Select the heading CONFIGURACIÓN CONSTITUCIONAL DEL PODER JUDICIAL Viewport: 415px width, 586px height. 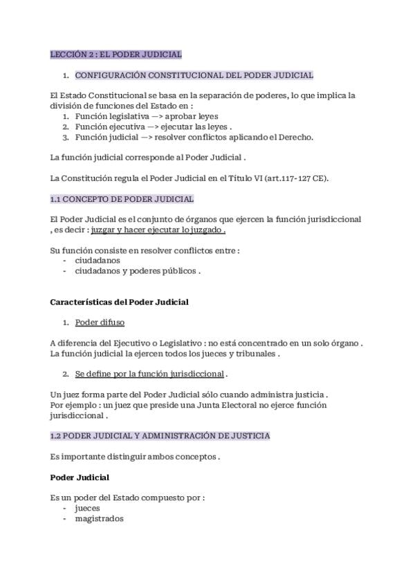pyautogui.click(x=194, y=75)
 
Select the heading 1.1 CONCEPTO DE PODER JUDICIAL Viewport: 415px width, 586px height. pyautogui.click(x=122, y=199)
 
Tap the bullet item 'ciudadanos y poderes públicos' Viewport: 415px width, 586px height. pyautogui.click(x=137, y=272)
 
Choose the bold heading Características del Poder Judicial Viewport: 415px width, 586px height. pyautogui.click(x=119, y=302)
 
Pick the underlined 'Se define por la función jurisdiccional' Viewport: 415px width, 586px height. pyautogui.click(x=149, y=374)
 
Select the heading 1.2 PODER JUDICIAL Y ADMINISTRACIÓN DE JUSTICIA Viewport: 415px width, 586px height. pyautogui.click(x=160, y=436)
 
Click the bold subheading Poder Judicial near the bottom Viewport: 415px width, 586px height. pyautogui.click(x=80, y=478)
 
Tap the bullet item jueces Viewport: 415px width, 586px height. pyautogui.click(x=88, y=508)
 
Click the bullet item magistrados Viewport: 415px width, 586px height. pyautogui.click(x=99, y=518)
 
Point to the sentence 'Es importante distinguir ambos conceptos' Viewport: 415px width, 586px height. pyautogui.click(x=136, y=457)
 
